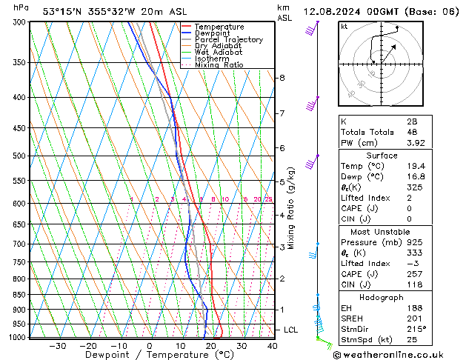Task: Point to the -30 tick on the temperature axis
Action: click(58, 346)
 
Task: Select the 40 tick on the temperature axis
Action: click(272, 346)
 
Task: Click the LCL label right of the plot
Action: click(291, 330)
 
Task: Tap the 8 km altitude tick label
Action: click(282, 78)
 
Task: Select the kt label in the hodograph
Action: click(344, 27)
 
